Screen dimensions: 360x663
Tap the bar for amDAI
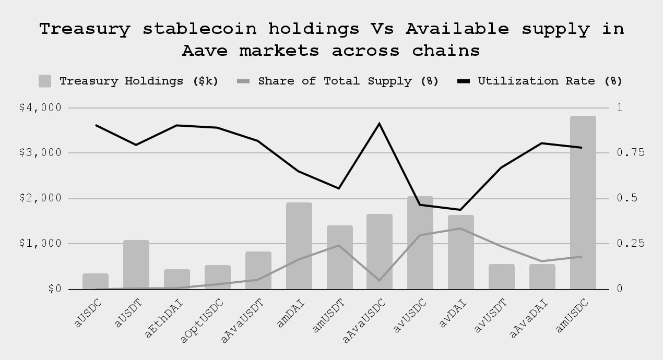(x=299, y=246)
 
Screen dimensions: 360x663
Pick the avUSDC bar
(x=420, y=243)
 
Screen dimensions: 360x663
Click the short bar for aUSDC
(x=96, y=281)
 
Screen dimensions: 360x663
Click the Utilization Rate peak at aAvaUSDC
(x=380, y=124)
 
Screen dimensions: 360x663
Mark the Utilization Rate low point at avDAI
(x=460, y=210)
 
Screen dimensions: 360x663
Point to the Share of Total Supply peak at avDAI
(x=460, y=229)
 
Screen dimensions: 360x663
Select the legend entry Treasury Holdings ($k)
(x=128, y=81)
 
